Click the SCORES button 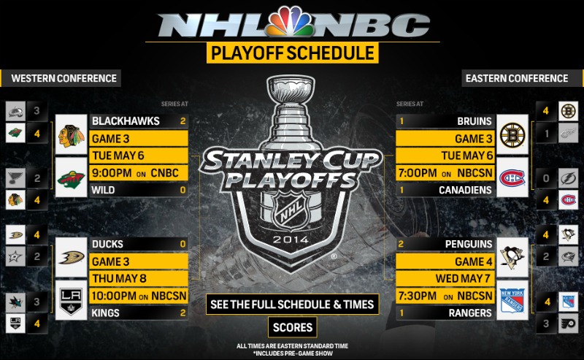[292, 326]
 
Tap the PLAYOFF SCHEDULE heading [292, 53]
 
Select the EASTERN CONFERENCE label [517, 78]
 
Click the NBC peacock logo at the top [293, 23]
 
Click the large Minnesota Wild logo [72, 179]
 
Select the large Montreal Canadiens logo [512, 179]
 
